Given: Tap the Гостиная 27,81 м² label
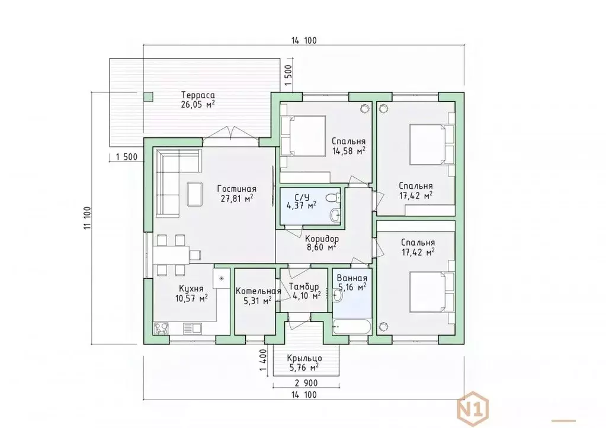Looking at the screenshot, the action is (x=236, y=193).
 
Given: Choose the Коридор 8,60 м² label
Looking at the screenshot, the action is (x=322, y=243).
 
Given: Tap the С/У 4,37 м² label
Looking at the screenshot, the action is (x=301, y=201).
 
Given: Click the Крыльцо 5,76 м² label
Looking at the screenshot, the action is (x=304, y=363).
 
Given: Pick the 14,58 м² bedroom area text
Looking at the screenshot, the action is (x=348, y=150).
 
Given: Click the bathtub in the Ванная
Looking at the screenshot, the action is (x=351, y=326).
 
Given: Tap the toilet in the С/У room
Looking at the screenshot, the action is (x=332, y=198).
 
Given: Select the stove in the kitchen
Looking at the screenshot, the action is (x=161, y=329).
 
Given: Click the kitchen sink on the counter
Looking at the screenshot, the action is (x=192, y=329).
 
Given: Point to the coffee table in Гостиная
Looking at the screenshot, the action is (x=194, y=194).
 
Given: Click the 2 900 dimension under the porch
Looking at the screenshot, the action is (x=306, y=383).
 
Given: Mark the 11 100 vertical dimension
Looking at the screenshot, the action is (x=87, y=218).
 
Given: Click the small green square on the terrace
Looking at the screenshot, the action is (x=148, y=96).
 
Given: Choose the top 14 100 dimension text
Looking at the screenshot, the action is (x=304, y=40).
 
